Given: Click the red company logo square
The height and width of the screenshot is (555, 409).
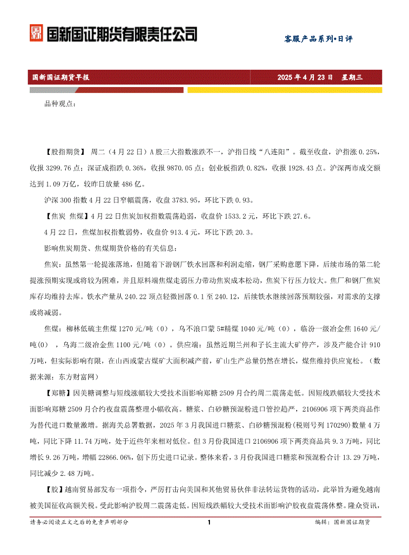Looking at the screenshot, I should [36, 34].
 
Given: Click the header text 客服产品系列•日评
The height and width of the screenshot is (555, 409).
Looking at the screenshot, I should [318, 39].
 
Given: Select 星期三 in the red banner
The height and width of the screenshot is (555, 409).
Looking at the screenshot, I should [352, 77].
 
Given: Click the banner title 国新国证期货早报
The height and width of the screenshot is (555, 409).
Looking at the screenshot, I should [60, 77].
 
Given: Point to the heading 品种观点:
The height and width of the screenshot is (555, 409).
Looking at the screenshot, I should [60, 103].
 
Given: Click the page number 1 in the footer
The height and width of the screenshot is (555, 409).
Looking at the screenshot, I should [209, 522].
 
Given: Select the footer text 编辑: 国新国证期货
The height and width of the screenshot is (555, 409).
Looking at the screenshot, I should [345, 522].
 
